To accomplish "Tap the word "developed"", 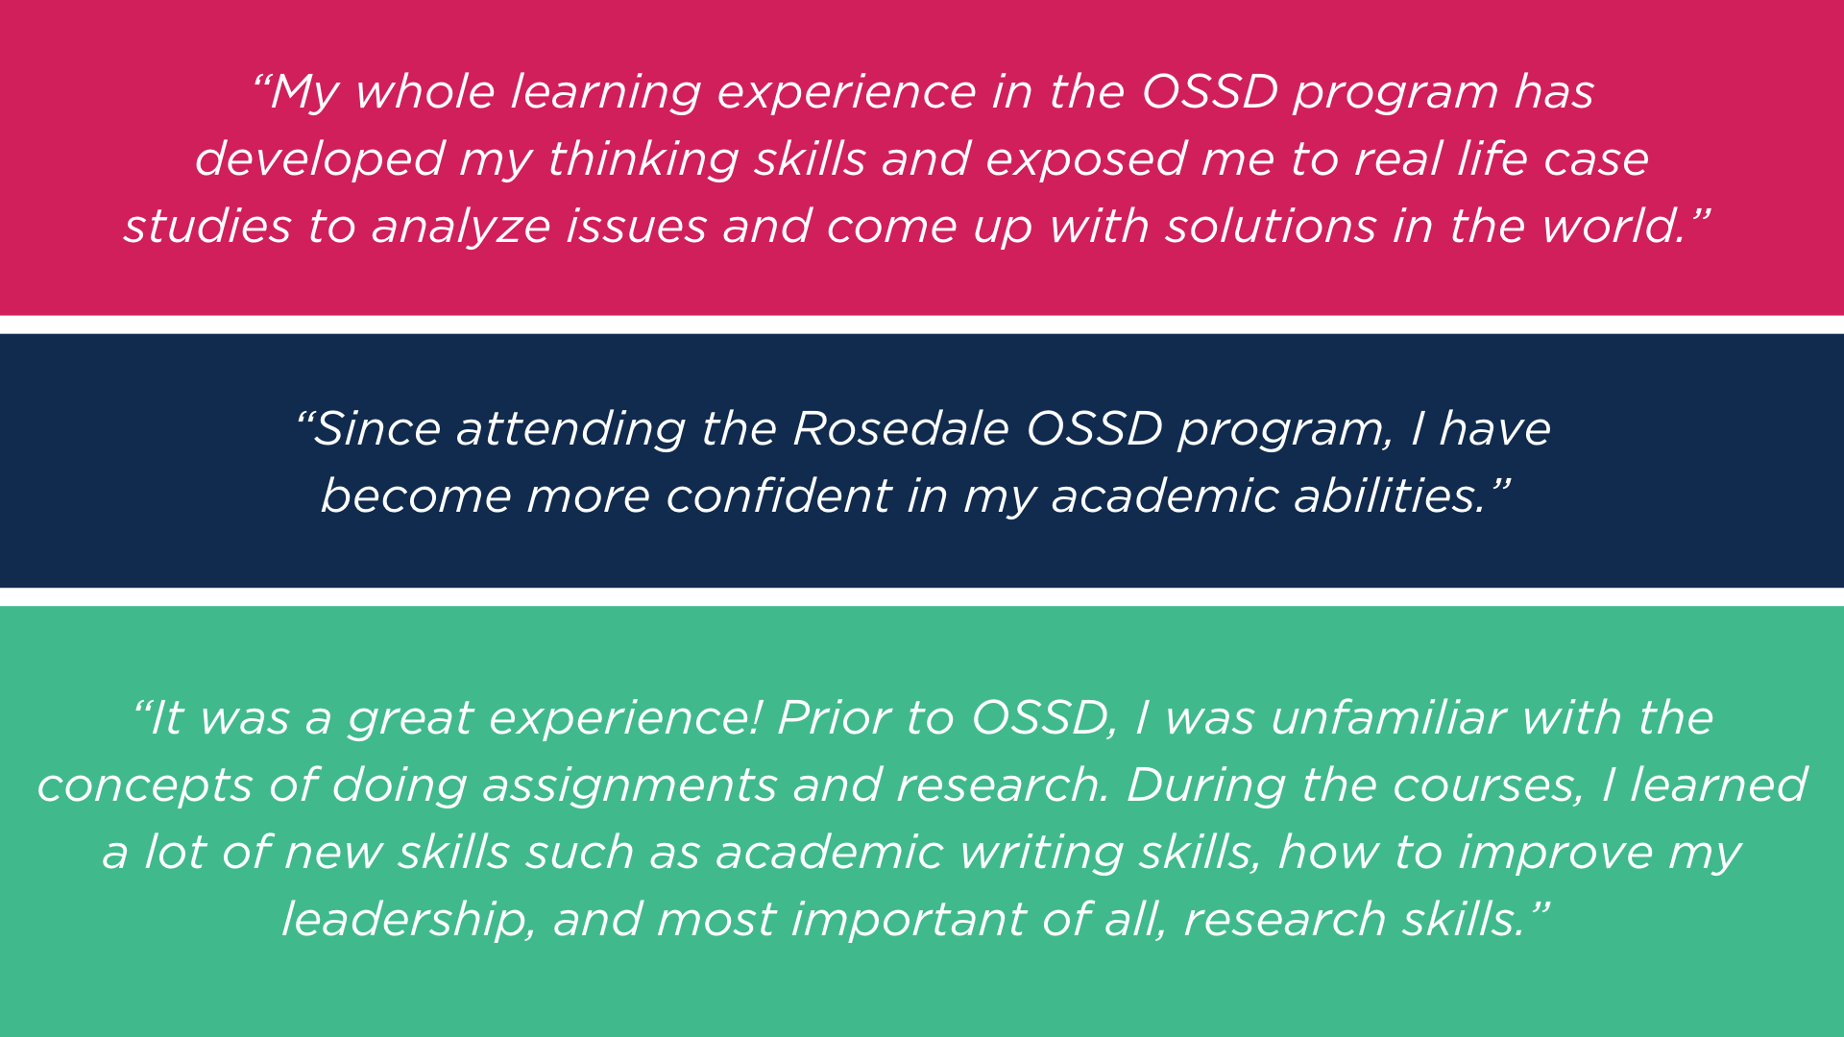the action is coord(319,160).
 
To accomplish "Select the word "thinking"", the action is coord(643,159).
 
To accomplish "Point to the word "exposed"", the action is coord(1085,160).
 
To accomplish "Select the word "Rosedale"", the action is coord(901,429).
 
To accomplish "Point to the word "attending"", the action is coord(570,430).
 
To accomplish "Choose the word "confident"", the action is coord(779,496).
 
